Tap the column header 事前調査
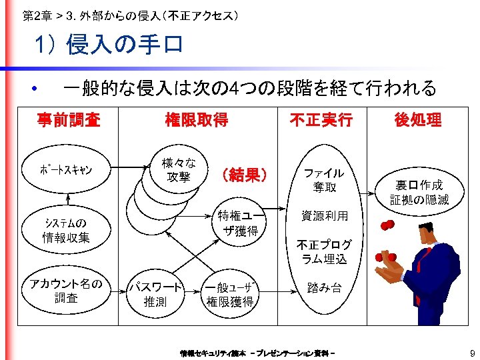coord(69,120)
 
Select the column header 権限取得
coord(197,120)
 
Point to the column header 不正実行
coord(321,120)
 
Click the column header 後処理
coord(418,120)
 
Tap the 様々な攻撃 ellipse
coord(179,170)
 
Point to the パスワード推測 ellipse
coord(157,294)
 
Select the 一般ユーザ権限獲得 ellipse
coord(230,294)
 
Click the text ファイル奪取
coord(324,180)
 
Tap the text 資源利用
coord(324,216)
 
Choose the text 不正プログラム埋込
coord(324,251)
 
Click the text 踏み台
coord(324,288)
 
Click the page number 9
coord(471,353)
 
